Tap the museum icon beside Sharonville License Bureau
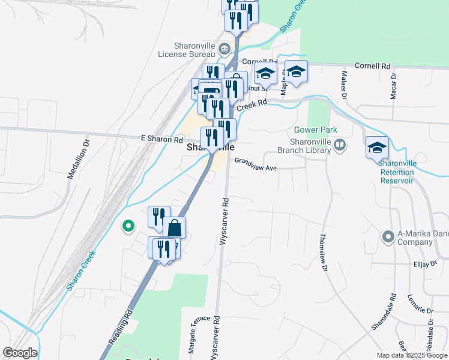tap(224, 48)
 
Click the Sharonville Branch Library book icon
tap(340, 145)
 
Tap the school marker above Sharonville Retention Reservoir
tap(377, 147)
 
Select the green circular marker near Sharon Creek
tap(127, 226)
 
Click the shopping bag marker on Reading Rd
tap(174, 228)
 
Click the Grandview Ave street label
tap(255, 164)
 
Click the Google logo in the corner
tap(19, 353)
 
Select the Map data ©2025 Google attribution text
tap(411, 355)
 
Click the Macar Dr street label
tap(394, 86)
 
